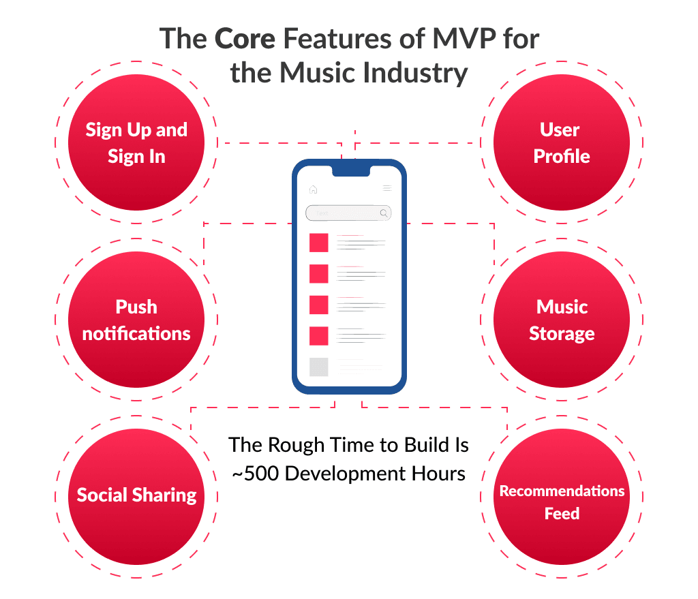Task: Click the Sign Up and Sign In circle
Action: tap(136, 142)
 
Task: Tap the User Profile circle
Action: tap(562, 142)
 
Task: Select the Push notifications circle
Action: tap(136, 320)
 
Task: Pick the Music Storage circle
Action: tap(562, 320)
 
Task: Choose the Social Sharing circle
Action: tap(136, 495)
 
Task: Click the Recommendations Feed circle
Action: tap(562, 502)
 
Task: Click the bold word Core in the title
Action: tap(245, 40)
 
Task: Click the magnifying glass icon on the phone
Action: tap(384, 213)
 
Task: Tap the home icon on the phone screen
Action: tap(313, 189)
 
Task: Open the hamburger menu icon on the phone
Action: tap(386, 189)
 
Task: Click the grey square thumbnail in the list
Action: tap(318, 367)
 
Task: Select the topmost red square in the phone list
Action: tap(318, 243)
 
